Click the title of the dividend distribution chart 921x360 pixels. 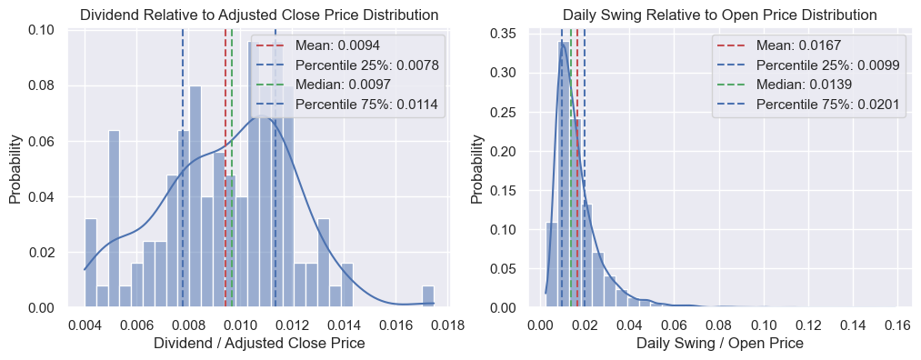pyautogui.click(x=258, y=15)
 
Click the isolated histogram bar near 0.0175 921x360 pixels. pyautogui.click(x=428, y=296)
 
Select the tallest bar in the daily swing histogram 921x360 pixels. pyautogui.click(x=564, y=175)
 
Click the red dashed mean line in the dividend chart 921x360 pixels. pyautogui.click(x=225, y=168)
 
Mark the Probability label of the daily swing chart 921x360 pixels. pyautogui.click(x=478, y=169)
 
